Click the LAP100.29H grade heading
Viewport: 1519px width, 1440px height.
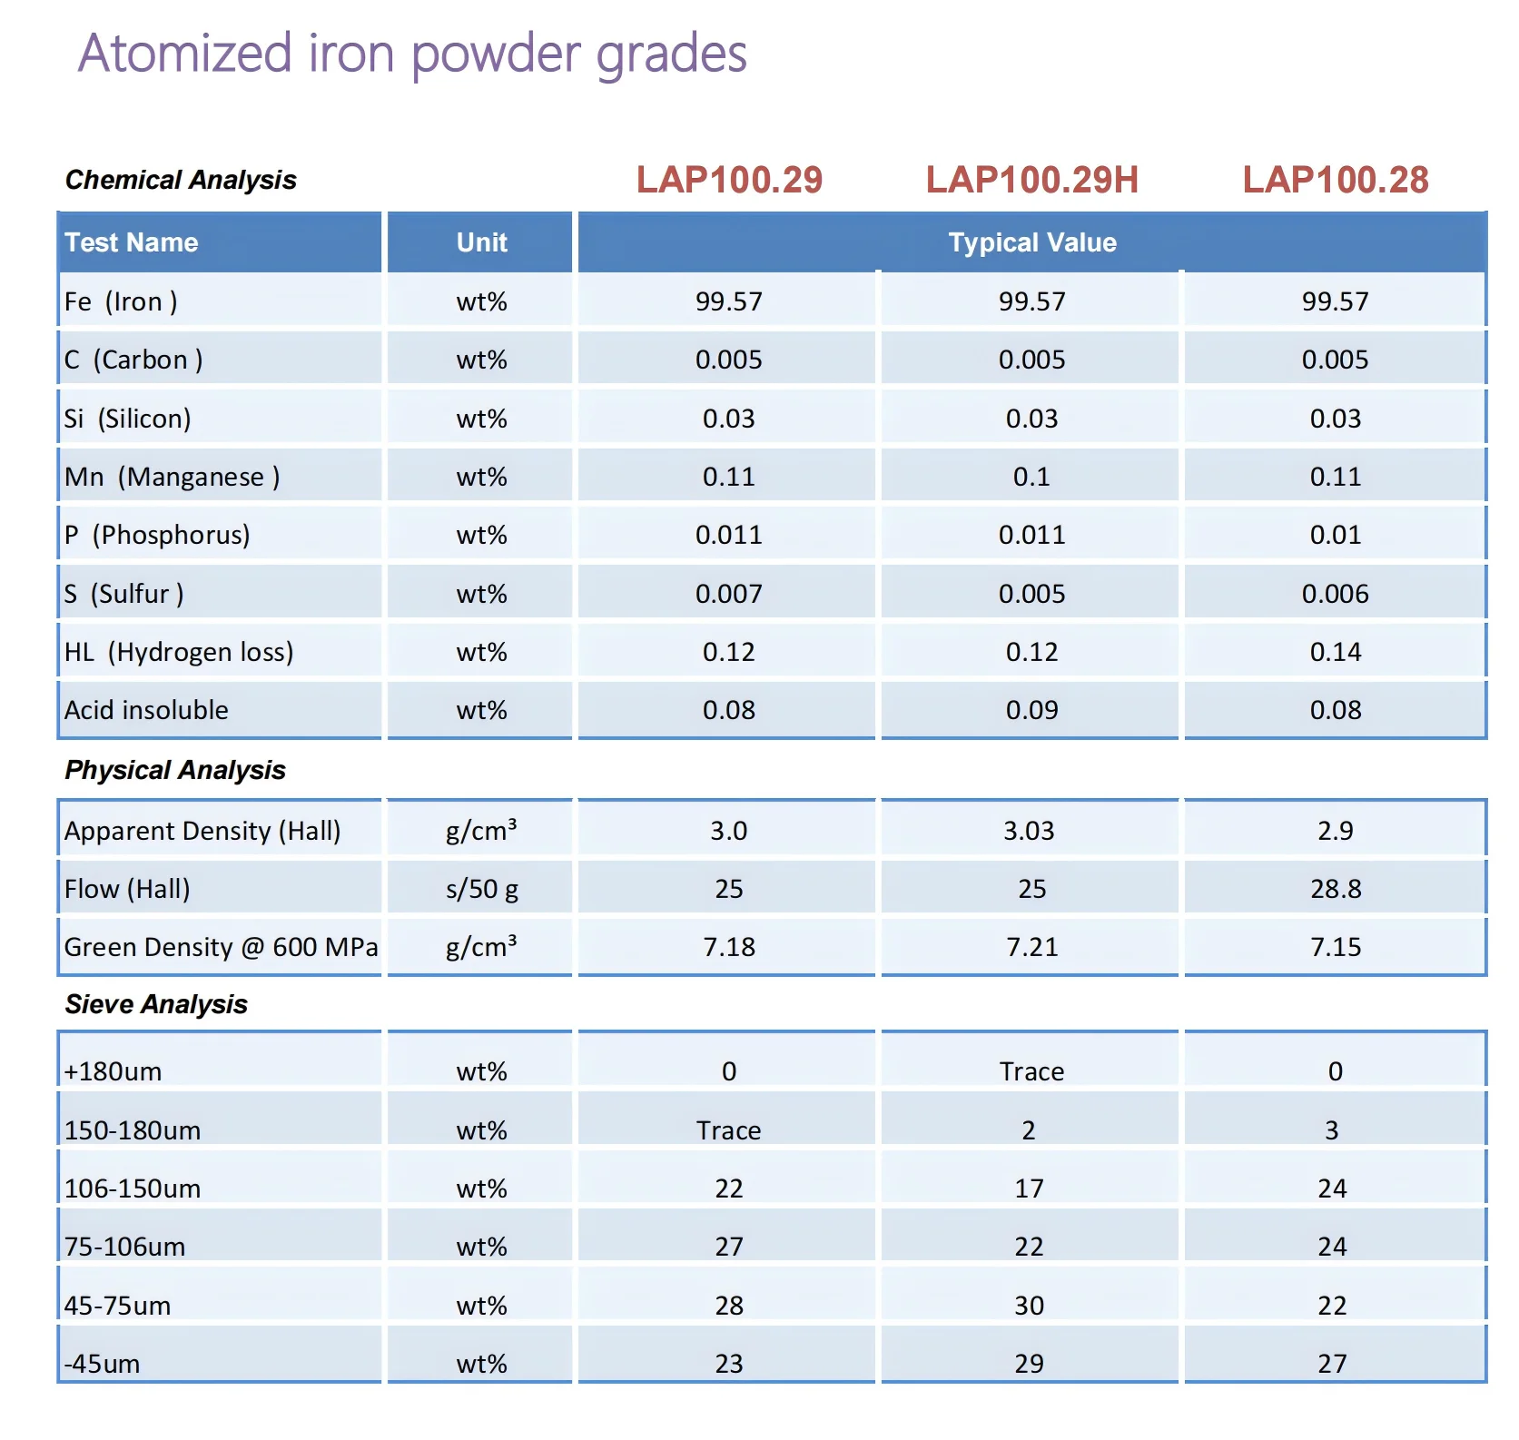[x=1031, y=180]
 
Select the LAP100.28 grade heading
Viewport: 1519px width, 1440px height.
[x=1336, y=180]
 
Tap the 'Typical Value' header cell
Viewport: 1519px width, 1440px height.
[x=1032, y=242]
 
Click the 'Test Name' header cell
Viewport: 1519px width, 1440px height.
[x=131, y=242]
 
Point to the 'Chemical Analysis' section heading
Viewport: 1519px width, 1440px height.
[x=181, y=180]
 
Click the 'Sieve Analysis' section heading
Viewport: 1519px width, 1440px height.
[x=156, y=1004]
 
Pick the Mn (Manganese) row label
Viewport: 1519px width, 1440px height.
[x=172, y=477]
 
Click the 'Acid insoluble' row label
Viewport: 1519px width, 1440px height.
[x=146, y=710]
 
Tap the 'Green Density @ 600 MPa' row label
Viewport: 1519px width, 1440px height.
[x=221, y=947]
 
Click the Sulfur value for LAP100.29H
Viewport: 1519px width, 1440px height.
[x=1031, y=594]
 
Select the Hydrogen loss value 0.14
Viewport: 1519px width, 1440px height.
[x=1336, y=652]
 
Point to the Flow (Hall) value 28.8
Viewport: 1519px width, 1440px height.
[x=1336, y=889]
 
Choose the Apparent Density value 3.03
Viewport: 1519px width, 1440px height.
[x=1029, y=831]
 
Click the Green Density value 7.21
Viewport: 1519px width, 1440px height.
[x=1031, y=947]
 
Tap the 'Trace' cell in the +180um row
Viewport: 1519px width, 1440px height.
[x=1031, y=1071]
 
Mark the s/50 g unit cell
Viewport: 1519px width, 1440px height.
[x=481, y=889]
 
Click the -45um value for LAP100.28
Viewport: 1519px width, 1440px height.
[x=1332, y=1364]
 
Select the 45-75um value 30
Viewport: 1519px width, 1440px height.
[x=1029, y=1306]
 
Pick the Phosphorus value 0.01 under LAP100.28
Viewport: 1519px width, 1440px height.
[x=1336, y=535]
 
